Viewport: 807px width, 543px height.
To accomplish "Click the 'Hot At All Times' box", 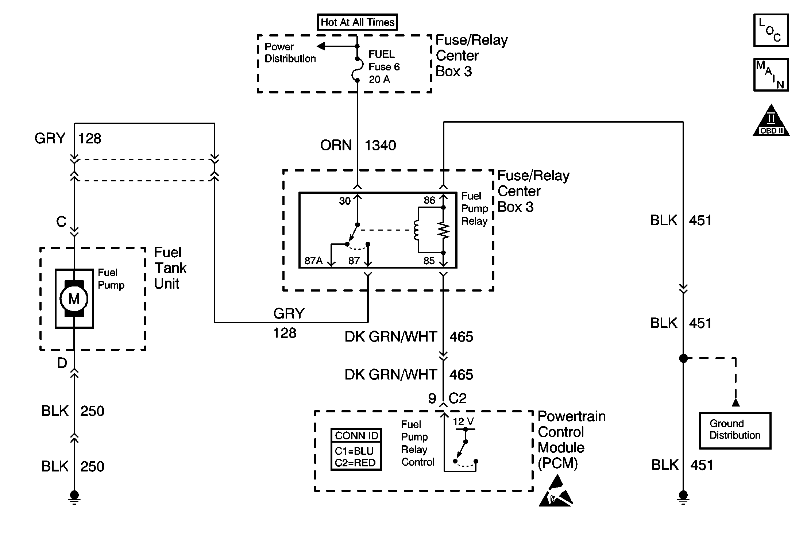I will click(x=357, y=22).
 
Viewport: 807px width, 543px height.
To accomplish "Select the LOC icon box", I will click(x=771, y=30).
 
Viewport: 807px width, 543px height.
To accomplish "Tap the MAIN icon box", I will click(x=771, y=75).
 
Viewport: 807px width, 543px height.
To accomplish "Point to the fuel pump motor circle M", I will click(x=74, y=299).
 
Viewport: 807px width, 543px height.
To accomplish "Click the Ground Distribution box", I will click(x=735, y=430).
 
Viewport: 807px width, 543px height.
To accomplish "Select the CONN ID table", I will click(x=356, y=449).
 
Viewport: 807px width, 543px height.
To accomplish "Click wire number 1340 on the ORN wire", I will click(x=380, y=146).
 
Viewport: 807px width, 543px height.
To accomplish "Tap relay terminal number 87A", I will click(x=313, y=261).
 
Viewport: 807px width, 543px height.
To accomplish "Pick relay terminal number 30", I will click(x=345, y=201).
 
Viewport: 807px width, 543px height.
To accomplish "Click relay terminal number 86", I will click(x=429, y=200).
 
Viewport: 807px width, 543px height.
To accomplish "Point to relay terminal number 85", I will click(x=429, y=261).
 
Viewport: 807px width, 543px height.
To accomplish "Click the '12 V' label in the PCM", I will click(x=463, y=422).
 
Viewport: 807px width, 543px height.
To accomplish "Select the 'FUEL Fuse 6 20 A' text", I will click(x=384, y=67).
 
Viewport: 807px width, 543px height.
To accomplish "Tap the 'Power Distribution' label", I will click(x=290, y=53).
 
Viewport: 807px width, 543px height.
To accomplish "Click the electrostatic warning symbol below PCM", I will click(x=556, y=492).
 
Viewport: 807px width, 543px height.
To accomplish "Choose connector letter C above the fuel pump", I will click(x=61, y=222).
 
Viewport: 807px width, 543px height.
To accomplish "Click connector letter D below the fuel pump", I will click(x=62, y=363).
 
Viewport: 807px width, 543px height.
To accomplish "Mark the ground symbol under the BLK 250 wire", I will click(x=74, y=497).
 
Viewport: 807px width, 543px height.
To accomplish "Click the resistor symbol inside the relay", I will click(x=444, y=230).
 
